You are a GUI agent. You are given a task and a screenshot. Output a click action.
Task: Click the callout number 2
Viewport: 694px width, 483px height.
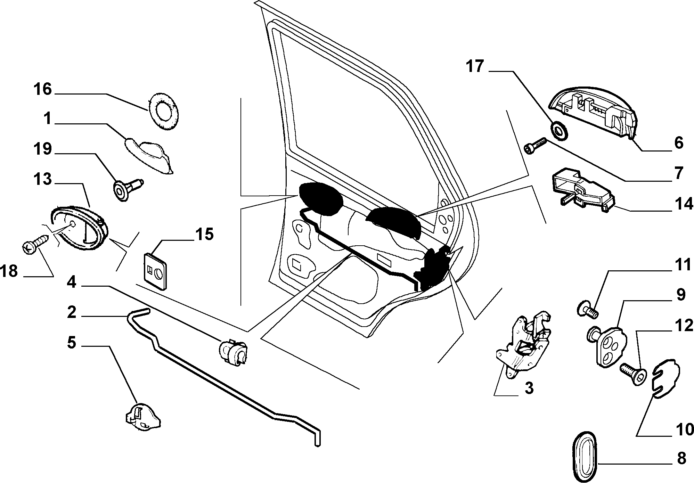pos(71,312)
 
